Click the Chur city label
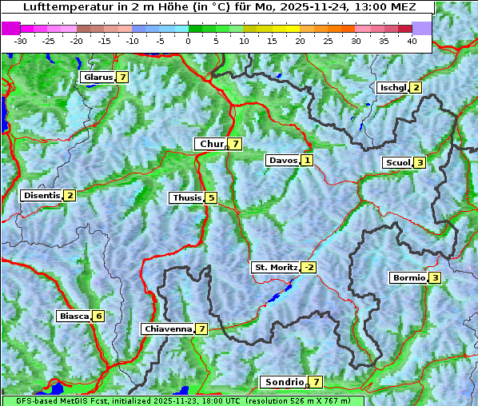(211, 144)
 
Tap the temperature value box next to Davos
(307, 161)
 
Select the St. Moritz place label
(275, 267)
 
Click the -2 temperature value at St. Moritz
(309, 267)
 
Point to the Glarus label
(97, 78)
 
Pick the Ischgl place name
(392, 87)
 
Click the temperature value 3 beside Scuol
(420, 163)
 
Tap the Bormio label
(408, 278)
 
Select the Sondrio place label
(283, 382)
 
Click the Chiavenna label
(168, 328)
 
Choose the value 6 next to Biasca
(98, 316)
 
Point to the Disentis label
(42, 195)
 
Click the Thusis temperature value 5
(211, 197)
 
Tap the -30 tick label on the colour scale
(21, 40)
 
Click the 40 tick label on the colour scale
(412, 40)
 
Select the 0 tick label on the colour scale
(188, 40)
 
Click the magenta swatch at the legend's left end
(10, 28)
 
